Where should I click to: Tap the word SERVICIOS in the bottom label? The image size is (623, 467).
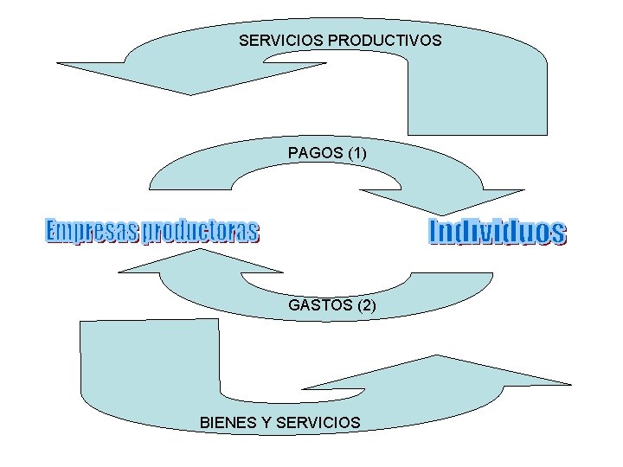pyautogui.click(x=323, y=423)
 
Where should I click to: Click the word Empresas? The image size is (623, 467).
pyautogui.click(x=91, y=232)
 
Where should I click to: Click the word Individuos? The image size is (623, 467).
pyautogui.click(x=498, y=232)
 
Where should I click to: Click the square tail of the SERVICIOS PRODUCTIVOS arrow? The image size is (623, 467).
pyautogui.click(x=477, y=104)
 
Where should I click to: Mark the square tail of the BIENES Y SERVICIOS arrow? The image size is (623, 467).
pyautogui.click(x=148, y=355)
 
